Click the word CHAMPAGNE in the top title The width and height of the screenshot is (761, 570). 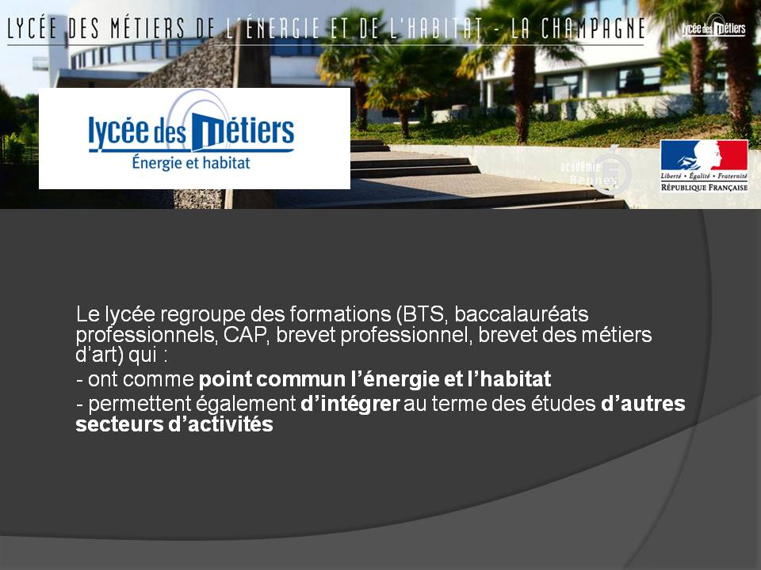[593, 29]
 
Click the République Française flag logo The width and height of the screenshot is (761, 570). [704, 165]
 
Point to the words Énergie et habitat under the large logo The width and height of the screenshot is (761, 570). [191, 163]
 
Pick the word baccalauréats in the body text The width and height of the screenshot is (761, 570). [522, 314]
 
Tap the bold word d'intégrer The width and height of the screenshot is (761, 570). [350, 404]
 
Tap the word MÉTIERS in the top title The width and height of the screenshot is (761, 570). [147, 28]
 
